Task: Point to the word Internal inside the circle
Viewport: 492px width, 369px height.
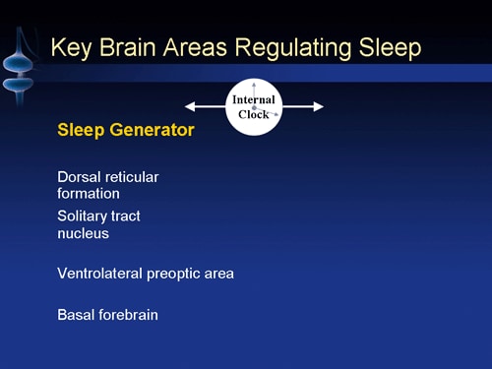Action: pyautogui.click(x=254, y=99)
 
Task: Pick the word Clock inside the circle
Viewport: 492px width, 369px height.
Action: pyautogui.click(x=254, y=114)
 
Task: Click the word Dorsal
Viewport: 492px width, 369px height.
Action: pyautogui.click(x=79, y=177)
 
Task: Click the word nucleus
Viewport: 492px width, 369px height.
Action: pyautogui.click(x=83, y=234)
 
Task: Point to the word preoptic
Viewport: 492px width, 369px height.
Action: pyautogui.click(x=177, y=275)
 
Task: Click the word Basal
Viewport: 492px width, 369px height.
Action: pyautogui.click(x=76, y=315)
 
